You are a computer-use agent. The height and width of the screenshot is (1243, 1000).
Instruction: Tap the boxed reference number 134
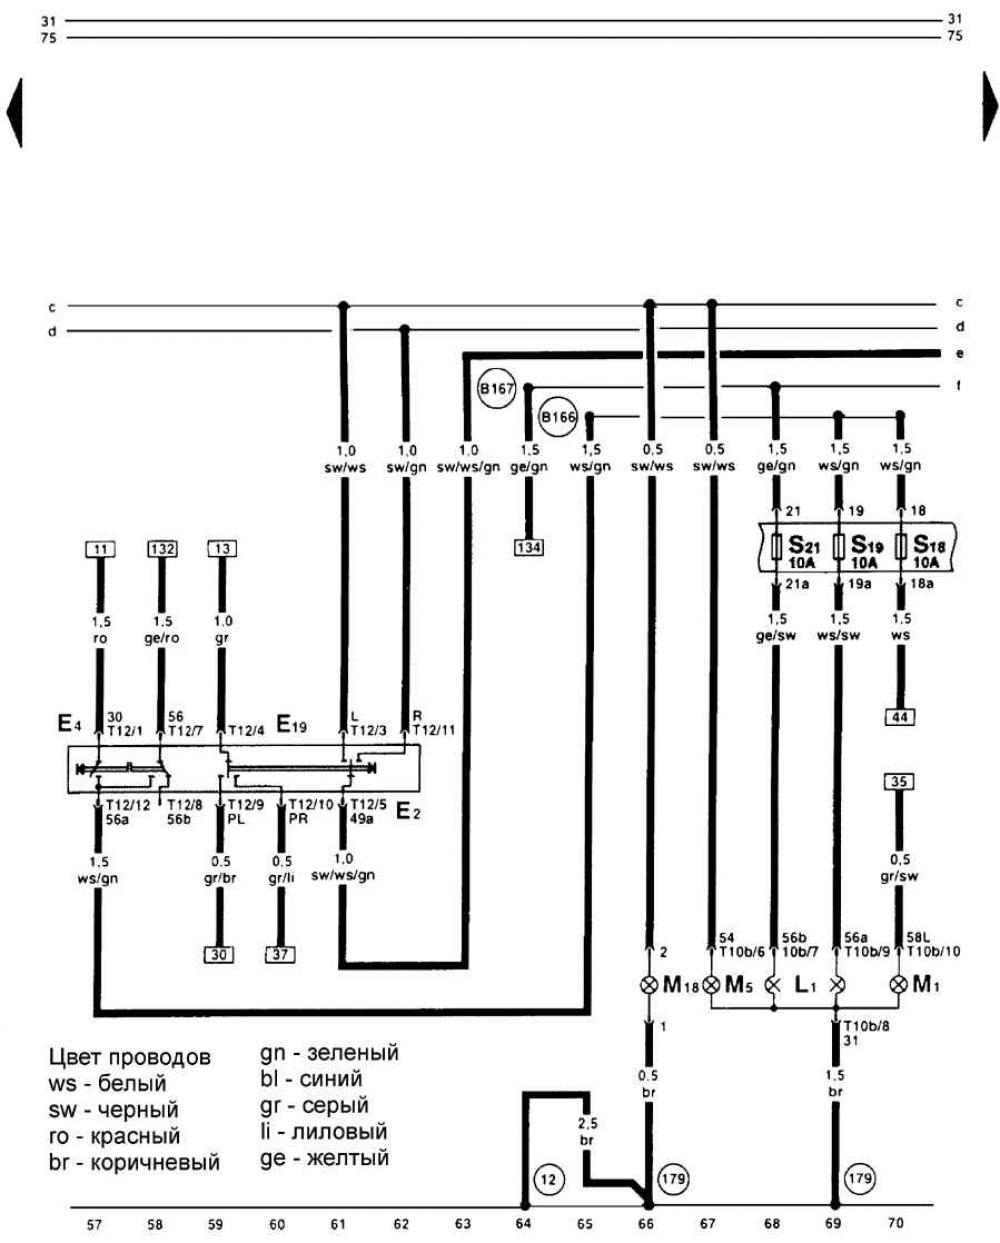[529, 547]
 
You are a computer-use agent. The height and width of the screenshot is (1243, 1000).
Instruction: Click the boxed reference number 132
[162, 548]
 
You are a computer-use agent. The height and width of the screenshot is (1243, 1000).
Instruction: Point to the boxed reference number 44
[899, 716]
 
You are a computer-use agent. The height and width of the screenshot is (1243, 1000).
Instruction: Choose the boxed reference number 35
[899, 781]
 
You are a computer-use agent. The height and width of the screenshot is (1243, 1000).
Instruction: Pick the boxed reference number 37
[281, 954]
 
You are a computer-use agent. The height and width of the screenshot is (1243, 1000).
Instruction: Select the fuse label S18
[926, 546]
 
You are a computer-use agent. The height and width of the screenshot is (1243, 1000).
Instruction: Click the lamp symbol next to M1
[898, 985]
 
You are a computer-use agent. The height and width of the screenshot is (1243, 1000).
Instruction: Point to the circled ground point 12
[545, 1178]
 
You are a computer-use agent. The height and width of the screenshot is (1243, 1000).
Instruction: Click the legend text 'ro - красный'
[114, 1136]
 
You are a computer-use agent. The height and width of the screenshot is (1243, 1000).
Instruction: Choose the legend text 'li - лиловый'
[323, 1132]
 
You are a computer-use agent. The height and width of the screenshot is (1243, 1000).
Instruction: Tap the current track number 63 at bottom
[462, 1223]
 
